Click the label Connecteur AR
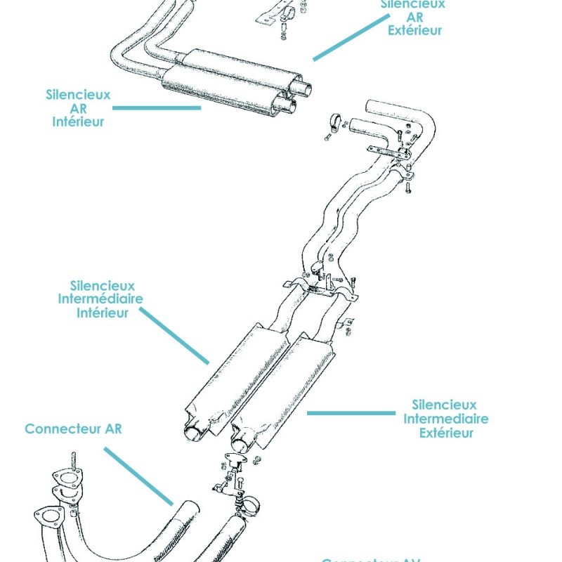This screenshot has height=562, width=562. (73, 429)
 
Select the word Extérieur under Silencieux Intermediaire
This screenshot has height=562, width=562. (446, 433)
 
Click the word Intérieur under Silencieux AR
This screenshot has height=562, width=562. (78, 122)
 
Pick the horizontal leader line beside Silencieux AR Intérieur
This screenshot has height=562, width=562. (156, 108)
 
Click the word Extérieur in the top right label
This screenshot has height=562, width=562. (415, 30)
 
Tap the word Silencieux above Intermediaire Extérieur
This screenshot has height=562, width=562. (444, 405)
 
